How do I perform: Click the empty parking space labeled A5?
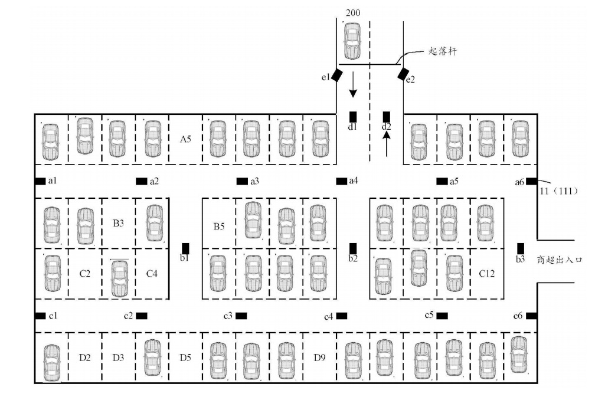[x=185, y=139]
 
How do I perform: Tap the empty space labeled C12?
[x=486, y=274]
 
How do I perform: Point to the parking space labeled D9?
[x=319, y=357]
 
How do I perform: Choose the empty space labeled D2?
[x=85, y=357]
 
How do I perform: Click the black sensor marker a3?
[x=242, y=181]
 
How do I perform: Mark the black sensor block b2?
[x=353, y=248]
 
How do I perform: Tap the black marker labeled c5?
[x=442, y=316]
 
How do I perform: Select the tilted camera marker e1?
[x=336, y=76]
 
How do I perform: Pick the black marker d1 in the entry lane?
[x=353, y=116]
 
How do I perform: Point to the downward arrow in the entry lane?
[x=353, y=85]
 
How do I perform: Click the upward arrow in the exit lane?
[x=387, y=143]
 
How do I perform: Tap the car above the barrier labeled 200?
[x=352, y=40]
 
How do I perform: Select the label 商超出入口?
[x=560, y=260]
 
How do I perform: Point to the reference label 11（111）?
[x=558, y=191]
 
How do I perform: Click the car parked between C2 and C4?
[x=119, y=277]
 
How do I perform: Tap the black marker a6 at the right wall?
[x=531, y=181]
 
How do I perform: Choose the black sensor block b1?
[x=185, y=248]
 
